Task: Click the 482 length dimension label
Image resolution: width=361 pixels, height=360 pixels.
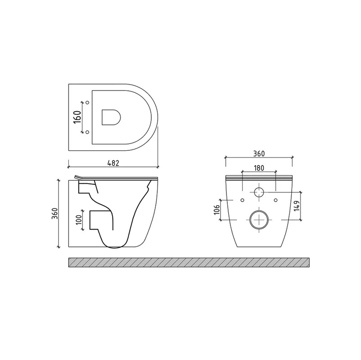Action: (x=113, y=163)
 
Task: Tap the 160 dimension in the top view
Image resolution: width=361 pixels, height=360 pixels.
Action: (x=77, y=117)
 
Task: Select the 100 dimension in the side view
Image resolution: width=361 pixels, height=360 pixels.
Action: (x=79, y=220)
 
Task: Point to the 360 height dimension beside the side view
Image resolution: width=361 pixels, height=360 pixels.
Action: (x=55, y=213)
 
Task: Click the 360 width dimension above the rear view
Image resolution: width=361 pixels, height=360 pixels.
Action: (x=259, y=153)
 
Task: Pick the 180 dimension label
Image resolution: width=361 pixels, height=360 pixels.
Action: (x=259, y=168)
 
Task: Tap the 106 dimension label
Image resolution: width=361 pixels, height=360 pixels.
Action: (x=217, y=209)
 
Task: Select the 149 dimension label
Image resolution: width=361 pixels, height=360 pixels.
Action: (x=297, y=206)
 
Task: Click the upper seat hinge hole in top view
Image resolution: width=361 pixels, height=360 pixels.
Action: (x=87, y=103)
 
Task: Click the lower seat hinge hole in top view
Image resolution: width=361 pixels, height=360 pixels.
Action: (x=87, y=132)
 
